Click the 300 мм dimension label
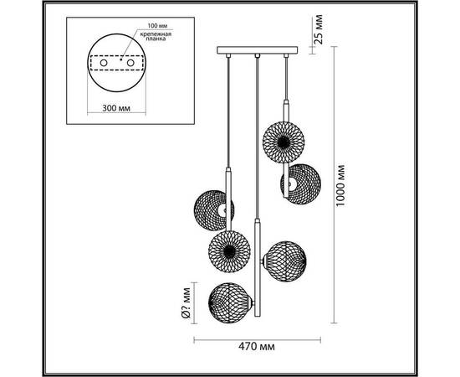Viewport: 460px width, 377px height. pyautogui.click(x=116, y=108)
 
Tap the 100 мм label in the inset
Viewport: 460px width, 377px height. pyautogui.click(x=157, y=26)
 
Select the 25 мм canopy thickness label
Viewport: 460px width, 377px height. pyautogui.click(x=319, y=29)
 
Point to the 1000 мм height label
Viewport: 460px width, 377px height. pyautogui.click(x=340, y=185)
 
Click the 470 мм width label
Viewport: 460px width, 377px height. pyautogui.click(x=257, y=347)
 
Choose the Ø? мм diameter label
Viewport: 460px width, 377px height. pyautogui.click(x=186, y=303)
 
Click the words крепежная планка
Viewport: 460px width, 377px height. pyautogui.click(x=156, y=36)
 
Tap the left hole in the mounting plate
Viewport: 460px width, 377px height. pyautogui.click(x=104, y=63)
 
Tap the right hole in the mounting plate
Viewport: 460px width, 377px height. pyautogui.click(x=130, y=63)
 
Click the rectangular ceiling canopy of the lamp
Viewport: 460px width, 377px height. pyautogui.click(x=258, y=50)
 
